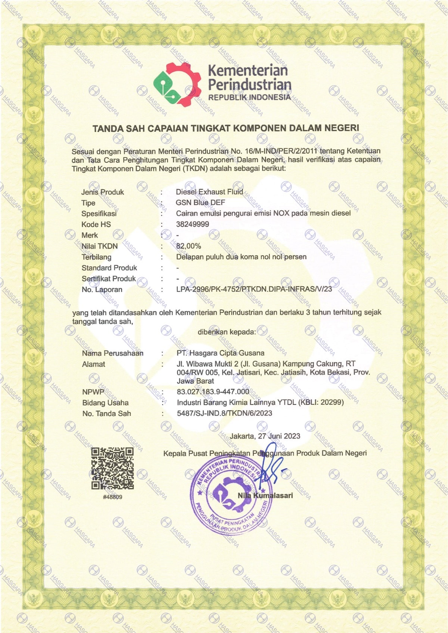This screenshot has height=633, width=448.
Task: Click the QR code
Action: coord(112,468)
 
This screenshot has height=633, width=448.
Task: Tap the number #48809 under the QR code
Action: coord(112,497)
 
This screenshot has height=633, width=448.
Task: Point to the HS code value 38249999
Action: coord(193,224)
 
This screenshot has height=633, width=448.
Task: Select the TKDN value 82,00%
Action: coord(189,246)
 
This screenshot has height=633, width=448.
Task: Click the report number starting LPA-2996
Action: coord(254,289)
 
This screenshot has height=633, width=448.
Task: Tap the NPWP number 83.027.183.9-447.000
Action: coord(213,392)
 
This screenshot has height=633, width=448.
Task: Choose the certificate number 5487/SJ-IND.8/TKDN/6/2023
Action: coord(224,413)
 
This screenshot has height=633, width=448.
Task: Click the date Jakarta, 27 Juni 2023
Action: coord(265,436)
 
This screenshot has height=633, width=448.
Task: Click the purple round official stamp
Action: coord(230,494)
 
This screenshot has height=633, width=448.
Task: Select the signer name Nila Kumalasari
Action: coord(265,495)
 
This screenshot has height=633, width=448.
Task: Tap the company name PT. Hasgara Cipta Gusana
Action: coord(220,353)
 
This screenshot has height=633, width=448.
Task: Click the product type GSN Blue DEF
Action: coord(200,203)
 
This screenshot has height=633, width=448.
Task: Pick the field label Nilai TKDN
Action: coord(100,246)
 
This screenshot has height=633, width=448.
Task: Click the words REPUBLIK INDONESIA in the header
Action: coord(249,97)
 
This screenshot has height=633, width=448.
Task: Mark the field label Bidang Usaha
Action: coord(105,403)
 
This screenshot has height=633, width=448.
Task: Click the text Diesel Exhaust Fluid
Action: coord(209,192)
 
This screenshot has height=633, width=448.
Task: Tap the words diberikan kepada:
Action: coord(227,332)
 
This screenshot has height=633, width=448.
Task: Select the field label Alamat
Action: coord(94,364)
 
